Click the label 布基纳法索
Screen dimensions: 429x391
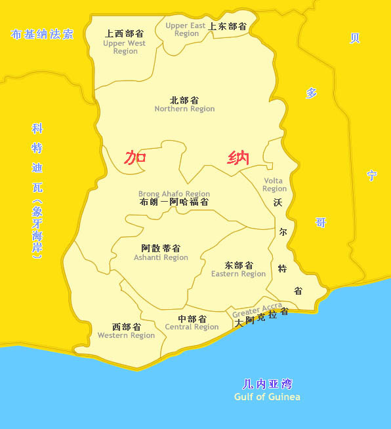[42, 34]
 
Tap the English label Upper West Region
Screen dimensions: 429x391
[125, 47]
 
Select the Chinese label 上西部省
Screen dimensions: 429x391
[125, 33]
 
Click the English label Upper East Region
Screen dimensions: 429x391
[186, 29]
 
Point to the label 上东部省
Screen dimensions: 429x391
[227, 27]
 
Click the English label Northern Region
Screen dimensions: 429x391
[184, 109]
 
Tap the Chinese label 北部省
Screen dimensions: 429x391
[184, 100]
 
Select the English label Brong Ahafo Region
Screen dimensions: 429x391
[174, 194]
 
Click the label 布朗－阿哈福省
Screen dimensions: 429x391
[175, 202]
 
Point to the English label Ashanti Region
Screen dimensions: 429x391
[161, 257]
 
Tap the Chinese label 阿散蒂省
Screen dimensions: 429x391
[161, 248]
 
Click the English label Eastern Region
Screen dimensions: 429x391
[238, 274]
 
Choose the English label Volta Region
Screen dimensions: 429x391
[274, 185]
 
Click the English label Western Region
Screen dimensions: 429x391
[126, 335]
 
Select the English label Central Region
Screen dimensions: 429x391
[192, 327]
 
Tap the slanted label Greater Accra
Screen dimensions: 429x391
[257, 310]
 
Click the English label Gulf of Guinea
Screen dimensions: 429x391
[267, 397]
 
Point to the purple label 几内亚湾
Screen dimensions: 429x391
[266, 384]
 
